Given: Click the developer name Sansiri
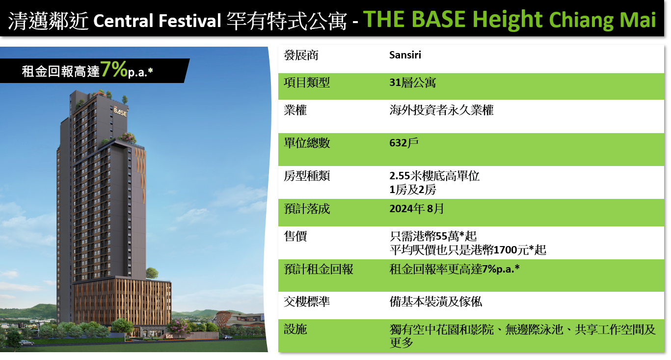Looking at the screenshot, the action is [405, 55].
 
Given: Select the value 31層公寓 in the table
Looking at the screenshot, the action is [412, 83].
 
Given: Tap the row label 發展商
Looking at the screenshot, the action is [301, 55].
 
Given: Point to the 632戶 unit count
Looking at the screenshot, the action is [404, 143].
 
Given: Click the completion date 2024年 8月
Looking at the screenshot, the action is [417, 209].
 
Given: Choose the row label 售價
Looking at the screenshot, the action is [295, 236].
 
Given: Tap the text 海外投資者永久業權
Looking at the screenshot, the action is [441, 111].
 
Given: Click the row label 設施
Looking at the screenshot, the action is [295, 329].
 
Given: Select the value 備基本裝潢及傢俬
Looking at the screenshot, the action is [436, 302].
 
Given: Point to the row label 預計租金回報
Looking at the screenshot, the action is [319, 269].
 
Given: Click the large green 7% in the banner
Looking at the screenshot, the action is [114, 69].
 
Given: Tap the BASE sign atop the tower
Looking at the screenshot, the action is [120, 112].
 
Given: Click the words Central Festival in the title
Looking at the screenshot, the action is [157, 21].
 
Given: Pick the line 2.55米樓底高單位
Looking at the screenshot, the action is [434, 176].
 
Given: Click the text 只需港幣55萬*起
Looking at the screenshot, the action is [433, 236].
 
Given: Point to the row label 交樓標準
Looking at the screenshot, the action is [307, 302].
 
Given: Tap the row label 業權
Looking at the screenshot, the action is [295, 111].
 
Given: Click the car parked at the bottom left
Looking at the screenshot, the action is [26, 342].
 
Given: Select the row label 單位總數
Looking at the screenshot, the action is [307, 143].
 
